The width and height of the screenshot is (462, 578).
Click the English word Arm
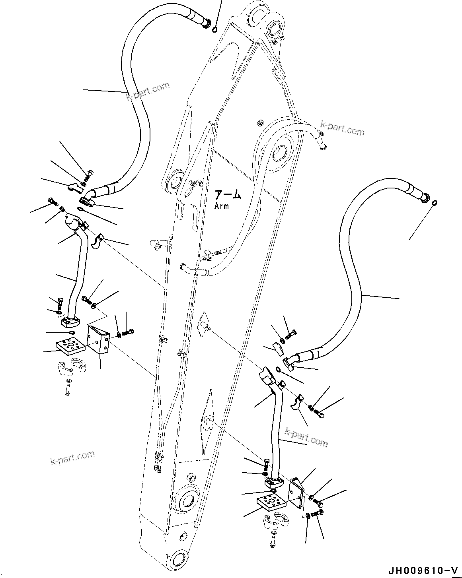[x=221, y=206]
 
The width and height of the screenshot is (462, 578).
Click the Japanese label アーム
[x=228, y=195]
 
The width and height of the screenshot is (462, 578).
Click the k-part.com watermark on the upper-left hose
[x=148, y=91]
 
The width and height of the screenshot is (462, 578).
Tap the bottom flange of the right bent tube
[x=274, y=483]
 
